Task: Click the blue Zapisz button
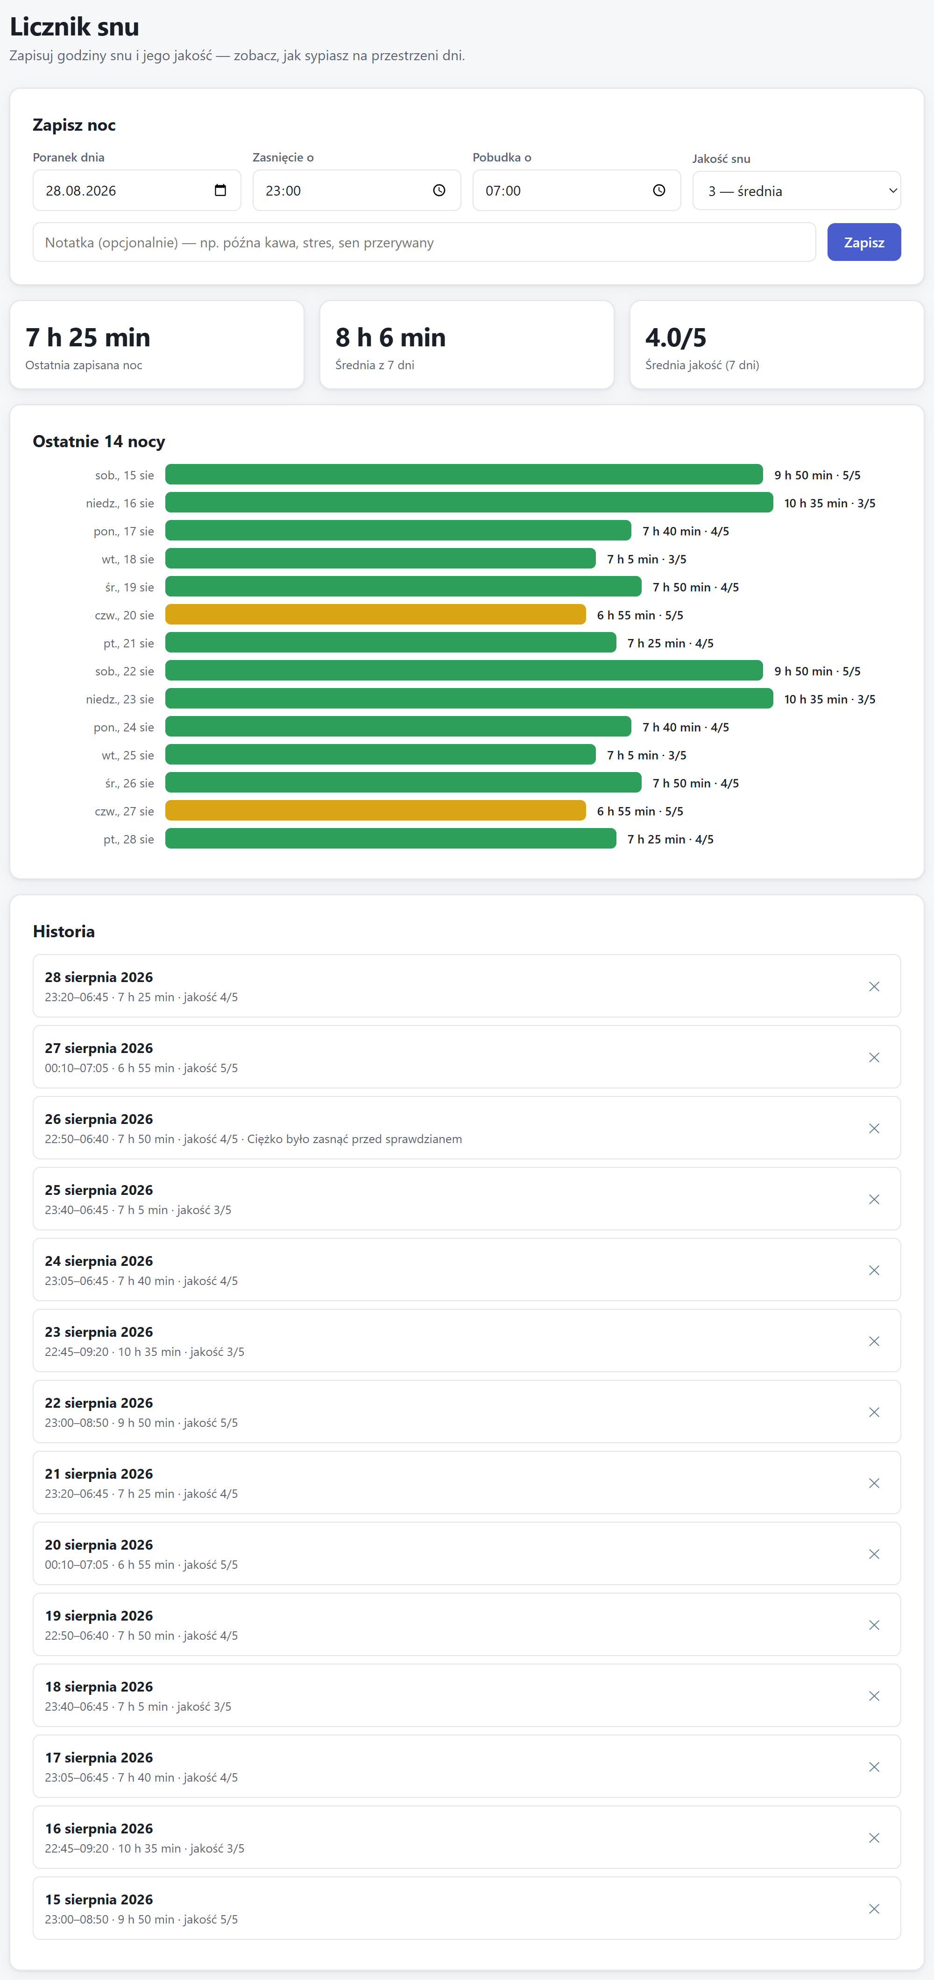tap(863, 242)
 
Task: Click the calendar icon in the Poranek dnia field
tap(220, 190)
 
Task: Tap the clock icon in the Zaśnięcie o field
tap(439, 190)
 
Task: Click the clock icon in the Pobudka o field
tap(659, 190)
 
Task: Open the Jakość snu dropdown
tap(796, 190)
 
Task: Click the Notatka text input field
tap(424, 242)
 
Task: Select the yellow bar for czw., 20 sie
tap(375, 615)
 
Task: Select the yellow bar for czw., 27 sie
tap(375, 811)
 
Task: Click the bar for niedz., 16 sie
tap(469, 503)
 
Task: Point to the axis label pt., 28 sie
tap(128, 839)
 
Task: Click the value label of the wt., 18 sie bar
tap(646, 559)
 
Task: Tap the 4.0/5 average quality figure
tap(676, 337)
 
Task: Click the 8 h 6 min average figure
tap(390, 337)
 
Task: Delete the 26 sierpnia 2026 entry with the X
tap(874, 1128)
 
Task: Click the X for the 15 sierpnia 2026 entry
tap(874, 1909)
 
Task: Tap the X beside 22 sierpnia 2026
tap(874, 1412)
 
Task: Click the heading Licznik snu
tap(75, 27)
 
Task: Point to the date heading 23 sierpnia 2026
tap(99, 1332)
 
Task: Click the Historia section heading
tap(64, 932)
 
